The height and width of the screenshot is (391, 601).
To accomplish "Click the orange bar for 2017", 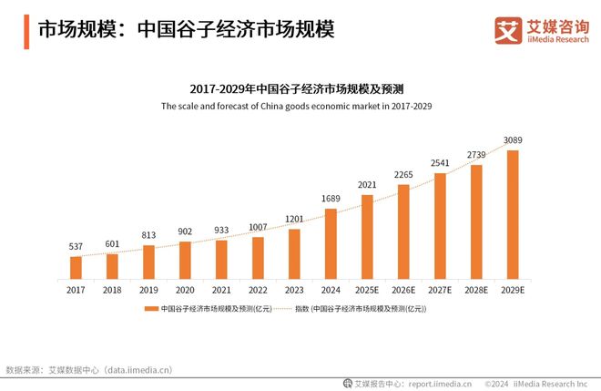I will point(76,267).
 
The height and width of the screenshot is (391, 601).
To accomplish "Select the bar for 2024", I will point(331,243).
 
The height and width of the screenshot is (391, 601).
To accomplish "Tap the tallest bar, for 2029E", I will point(513,214).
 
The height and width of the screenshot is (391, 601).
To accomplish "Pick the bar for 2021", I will point(221,259).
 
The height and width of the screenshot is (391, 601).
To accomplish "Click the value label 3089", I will point(513,140).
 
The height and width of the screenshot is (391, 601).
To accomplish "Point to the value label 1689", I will point(331,199).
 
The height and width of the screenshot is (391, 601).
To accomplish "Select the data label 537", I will point(76,247).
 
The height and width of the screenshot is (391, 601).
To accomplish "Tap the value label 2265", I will point(403,175).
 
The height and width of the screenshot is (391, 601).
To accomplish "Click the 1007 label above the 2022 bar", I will point(258,227).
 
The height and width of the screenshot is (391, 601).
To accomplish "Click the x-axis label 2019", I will point(148,290).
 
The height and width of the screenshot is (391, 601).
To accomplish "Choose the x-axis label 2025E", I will point(367,290).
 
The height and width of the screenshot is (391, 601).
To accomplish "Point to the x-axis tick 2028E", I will point(476,290).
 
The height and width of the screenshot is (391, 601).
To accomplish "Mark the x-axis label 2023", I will point(294,290).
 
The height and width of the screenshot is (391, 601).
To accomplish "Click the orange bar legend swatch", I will point(151,310).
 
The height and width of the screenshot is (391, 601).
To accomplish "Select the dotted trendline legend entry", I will point(360,310).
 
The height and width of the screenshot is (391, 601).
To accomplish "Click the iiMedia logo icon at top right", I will point(506,30).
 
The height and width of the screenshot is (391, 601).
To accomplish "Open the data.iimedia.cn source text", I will point(138,370).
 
